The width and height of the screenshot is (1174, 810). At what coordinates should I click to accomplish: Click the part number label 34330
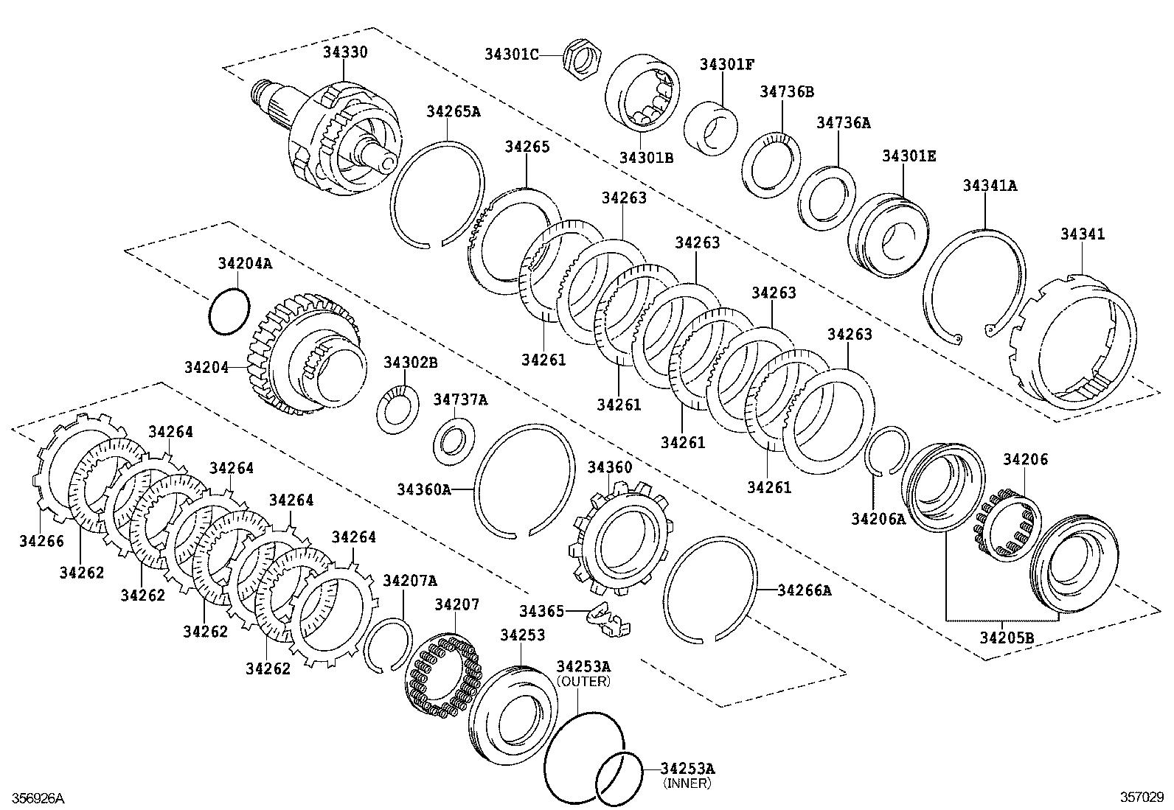[344, 52]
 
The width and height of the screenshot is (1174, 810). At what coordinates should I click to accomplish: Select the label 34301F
[726, 64]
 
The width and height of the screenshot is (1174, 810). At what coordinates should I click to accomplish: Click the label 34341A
[989, 186]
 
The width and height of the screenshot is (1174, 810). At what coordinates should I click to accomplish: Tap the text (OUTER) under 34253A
[583, 681]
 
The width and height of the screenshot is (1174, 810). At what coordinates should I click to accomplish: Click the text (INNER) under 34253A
[687, 783]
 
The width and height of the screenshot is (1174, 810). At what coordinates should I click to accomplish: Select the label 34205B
[1007, 637]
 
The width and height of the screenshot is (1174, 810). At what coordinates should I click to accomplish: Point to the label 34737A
[460, 399]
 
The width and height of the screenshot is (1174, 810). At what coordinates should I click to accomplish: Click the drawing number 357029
[1142, 797]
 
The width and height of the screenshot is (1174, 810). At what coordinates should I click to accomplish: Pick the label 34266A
[804, 590]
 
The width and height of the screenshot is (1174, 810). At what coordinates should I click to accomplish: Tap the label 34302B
[411, 363]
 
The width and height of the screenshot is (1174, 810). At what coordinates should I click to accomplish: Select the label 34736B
[787, 91]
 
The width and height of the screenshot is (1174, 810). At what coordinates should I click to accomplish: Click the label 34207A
[410, 581]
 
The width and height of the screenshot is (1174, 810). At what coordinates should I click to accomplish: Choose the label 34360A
[423, 489]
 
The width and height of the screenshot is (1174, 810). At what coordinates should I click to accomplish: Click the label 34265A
[453, 111]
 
